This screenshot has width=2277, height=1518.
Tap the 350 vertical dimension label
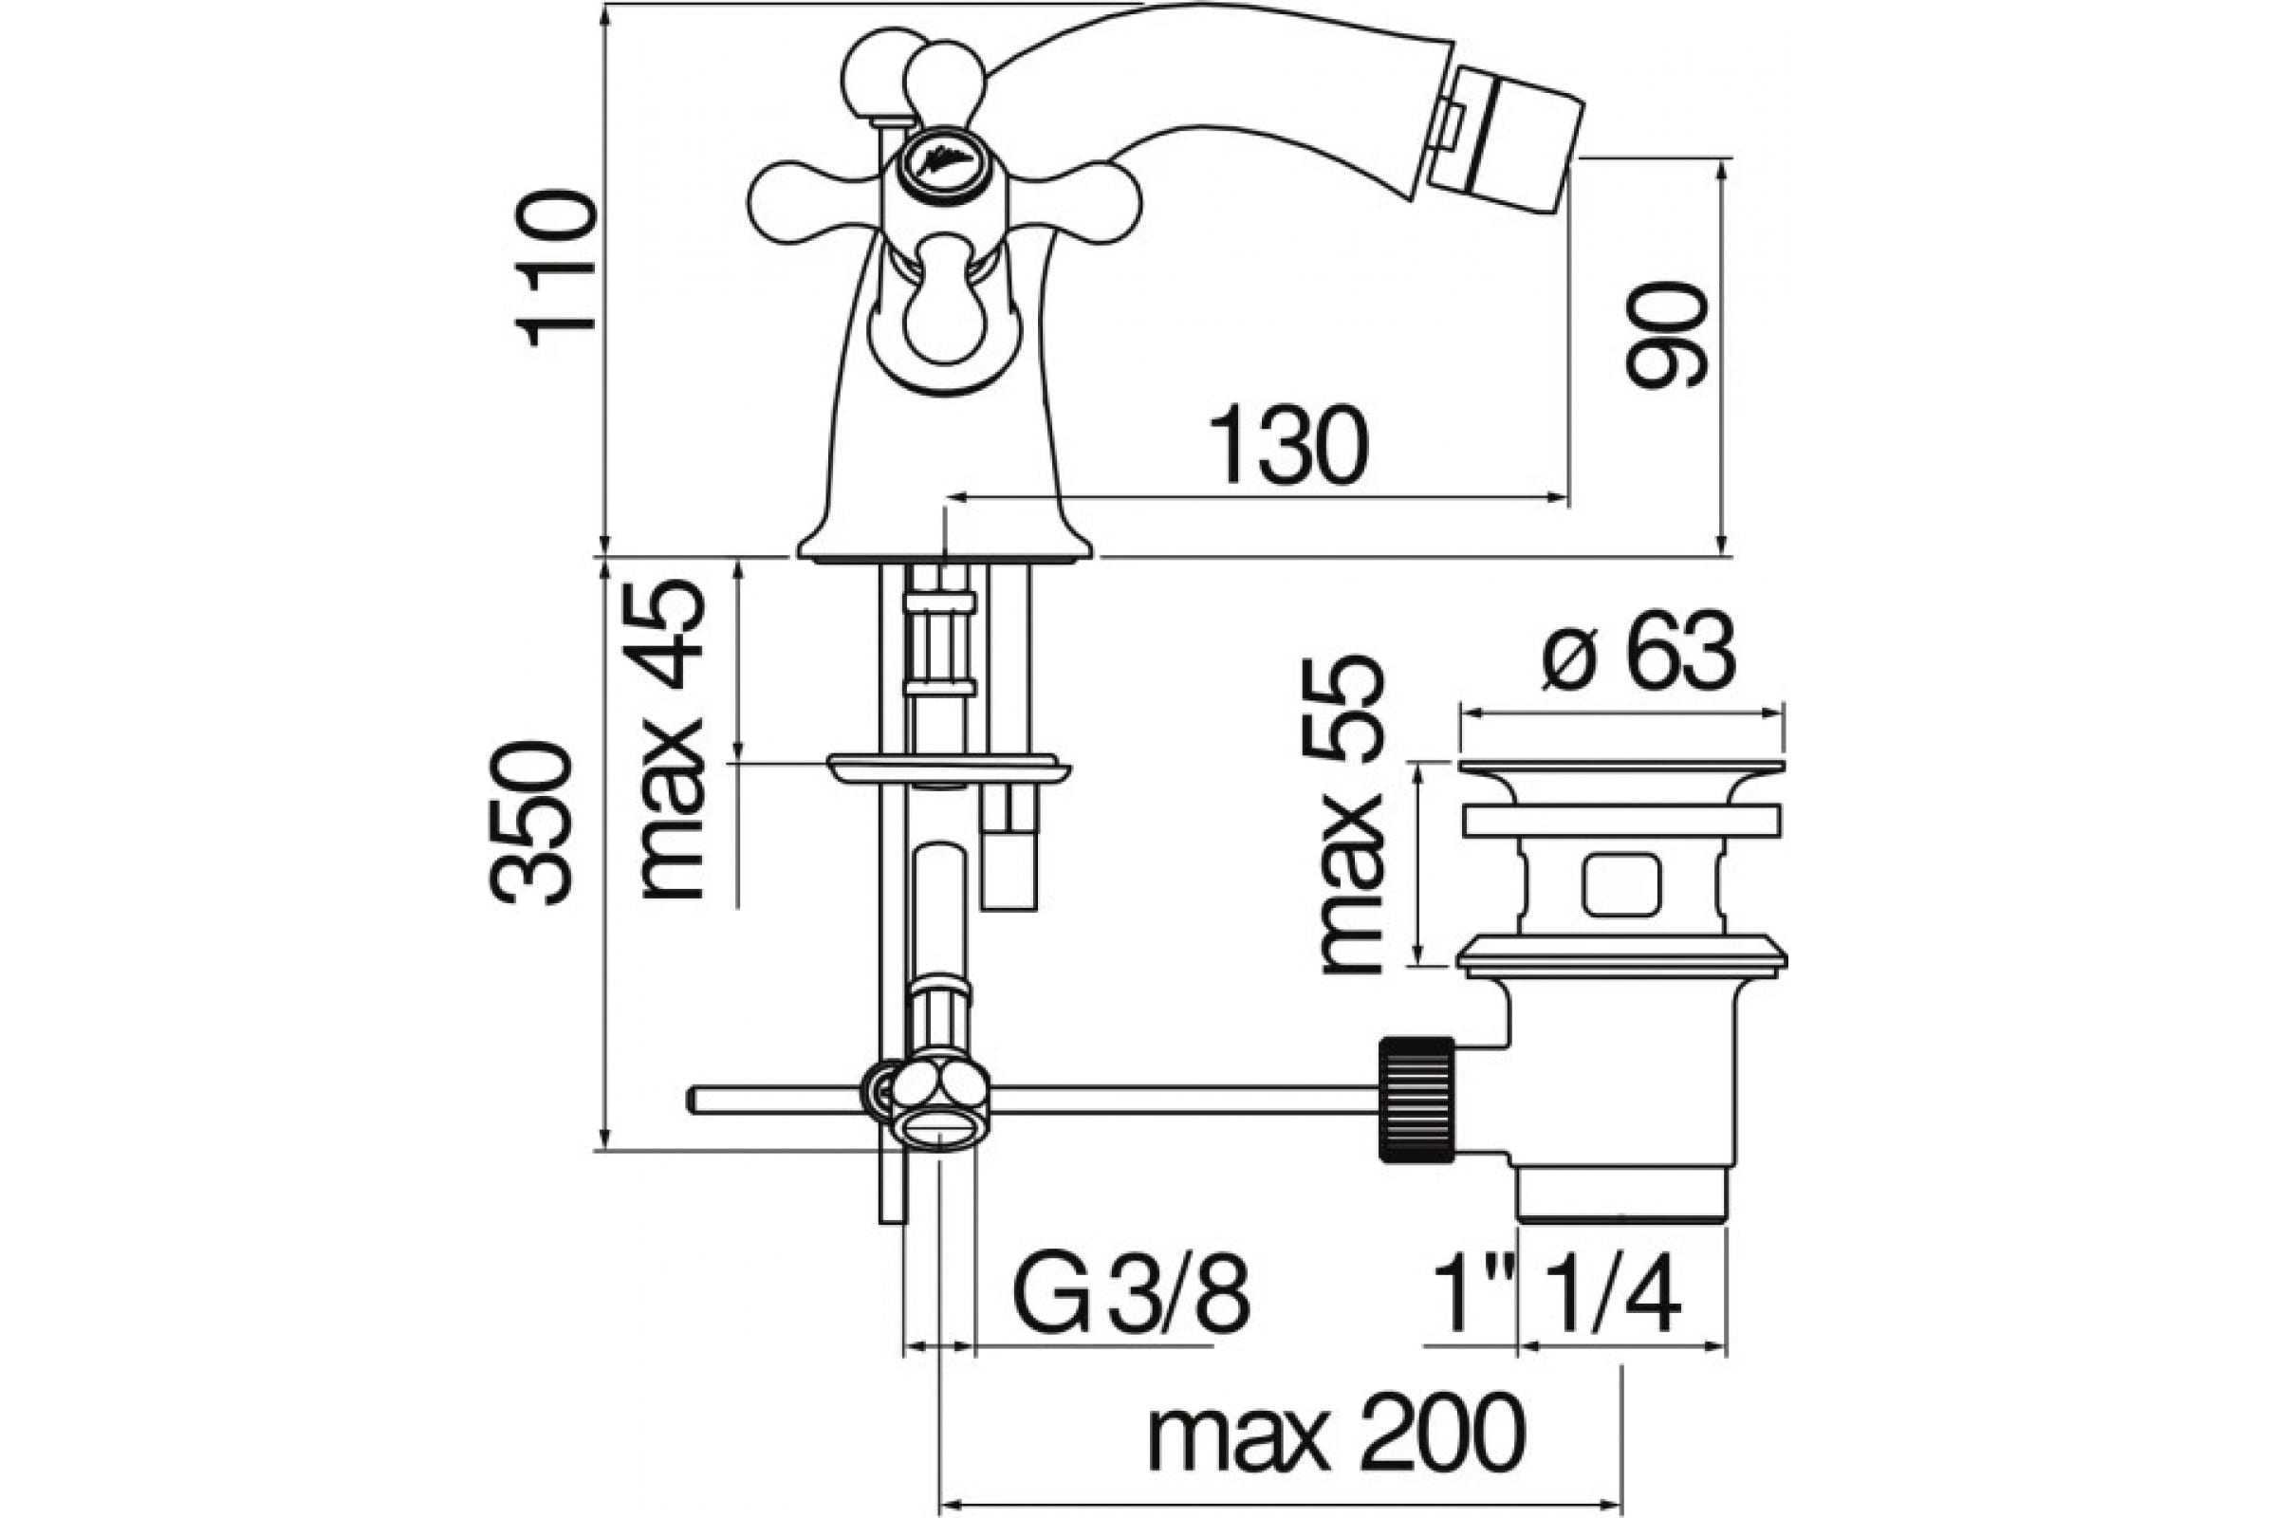pos(530,823)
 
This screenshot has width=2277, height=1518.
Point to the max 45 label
pos(671,741)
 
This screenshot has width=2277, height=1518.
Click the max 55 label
pos(1349,815)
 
